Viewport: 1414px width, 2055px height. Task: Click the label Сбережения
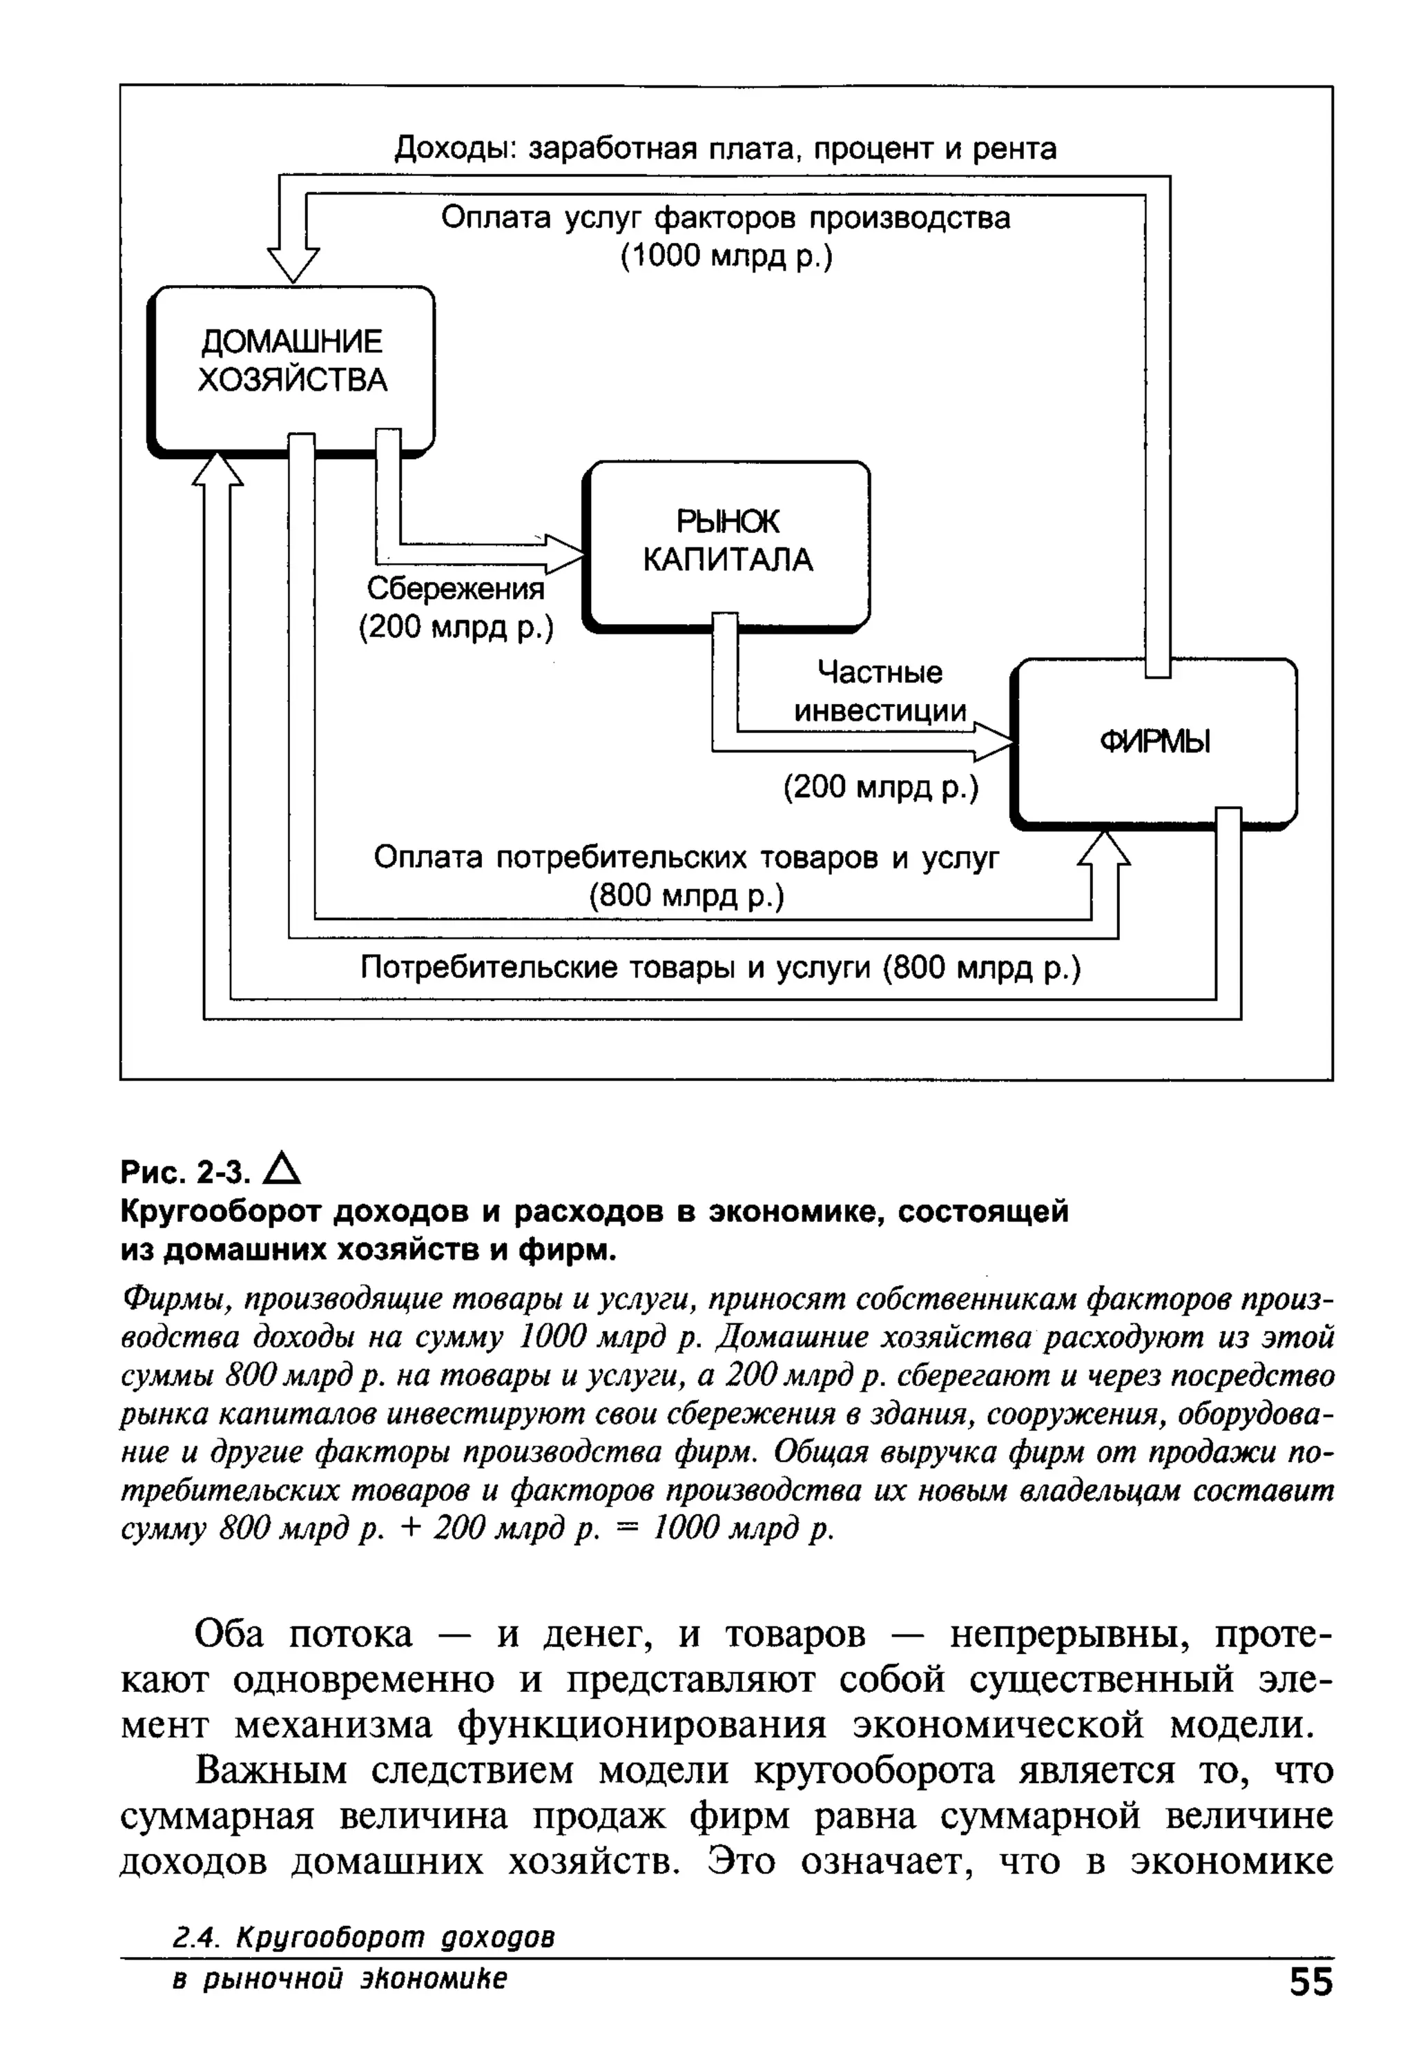pyautogui.click(x=456, y=589)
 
